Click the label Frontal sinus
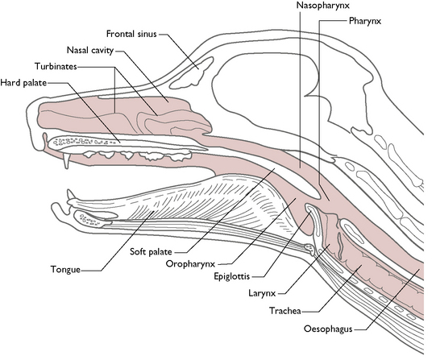pos(131,35)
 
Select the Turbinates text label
pos(54,66)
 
